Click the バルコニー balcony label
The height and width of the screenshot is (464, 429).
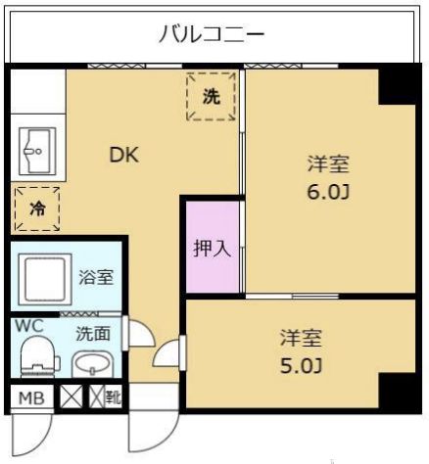213,35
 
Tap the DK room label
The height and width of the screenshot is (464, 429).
123,154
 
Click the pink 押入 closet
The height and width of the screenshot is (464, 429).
212,247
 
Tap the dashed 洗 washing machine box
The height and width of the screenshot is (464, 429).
212,96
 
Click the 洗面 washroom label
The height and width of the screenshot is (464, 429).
94,332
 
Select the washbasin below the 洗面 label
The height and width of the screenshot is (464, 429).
94,364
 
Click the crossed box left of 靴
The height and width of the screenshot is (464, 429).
71,397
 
